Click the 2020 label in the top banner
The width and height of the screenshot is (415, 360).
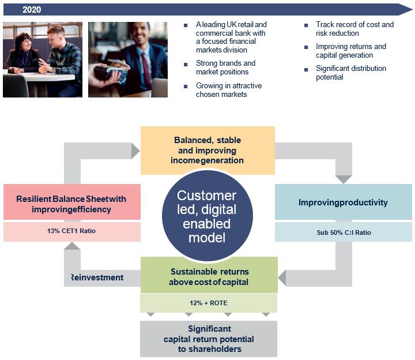(x=32, y=10)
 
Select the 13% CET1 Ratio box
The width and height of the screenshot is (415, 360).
(x=71, y=232)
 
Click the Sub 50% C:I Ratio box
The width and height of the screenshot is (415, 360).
(x=343, y=232)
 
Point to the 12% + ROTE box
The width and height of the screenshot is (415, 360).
(x=209, y=303)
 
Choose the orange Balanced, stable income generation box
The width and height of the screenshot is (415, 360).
(x=207, y=150)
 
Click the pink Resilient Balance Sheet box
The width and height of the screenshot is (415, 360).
(x=71, y=203)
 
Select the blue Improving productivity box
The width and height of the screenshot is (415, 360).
(x=343, y=202)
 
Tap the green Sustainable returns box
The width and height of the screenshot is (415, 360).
(x=209, y=276)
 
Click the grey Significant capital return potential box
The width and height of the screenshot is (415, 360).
(x=209, y=339)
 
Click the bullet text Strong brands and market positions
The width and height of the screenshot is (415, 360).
(x=225, y=67)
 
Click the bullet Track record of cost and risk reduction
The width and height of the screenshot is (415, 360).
(x=354, y=29)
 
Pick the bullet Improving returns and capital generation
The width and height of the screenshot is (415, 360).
(x=350, y=51)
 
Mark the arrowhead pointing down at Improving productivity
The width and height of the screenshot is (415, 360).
(x=344, y=179)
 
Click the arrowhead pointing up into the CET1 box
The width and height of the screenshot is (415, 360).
(x=71, y=246)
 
